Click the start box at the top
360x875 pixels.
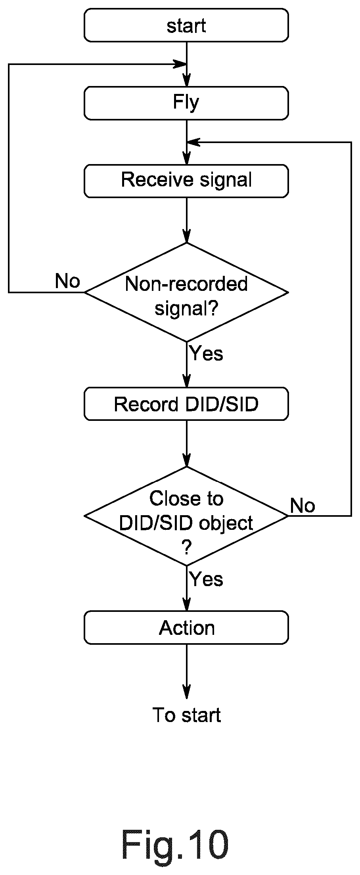(x=186, y=25)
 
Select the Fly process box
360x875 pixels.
(x=186, y=103)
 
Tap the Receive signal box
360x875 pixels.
(x=186, y=181)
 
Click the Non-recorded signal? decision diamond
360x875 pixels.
(x=186, y=292)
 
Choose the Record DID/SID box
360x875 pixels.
(x=186, y=404)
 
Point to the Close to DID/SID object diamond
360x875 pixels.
(x=186, y=516)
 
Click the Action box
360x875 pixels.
(x=186, y=627)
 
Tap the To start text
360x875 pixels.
(x=186, y=715)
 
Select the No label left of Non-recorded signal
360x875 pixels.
(x=67, y=281)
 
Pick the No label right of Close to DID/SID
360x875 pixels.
(x=303, y=506)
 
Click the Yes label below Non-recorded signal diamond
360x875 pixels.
(x=207, y=353)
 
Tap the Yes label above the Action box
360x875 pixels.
(x=207, y=579)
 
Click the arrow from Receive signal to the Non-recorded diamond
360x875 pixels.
(x=186, y=220)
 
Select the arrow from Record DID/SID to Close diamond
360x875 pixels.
(x=186, y=443)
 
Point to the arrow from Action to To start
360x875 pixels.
(x=186, y=672)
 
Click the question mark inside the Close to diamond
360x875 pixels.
(x=186, y=548)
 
